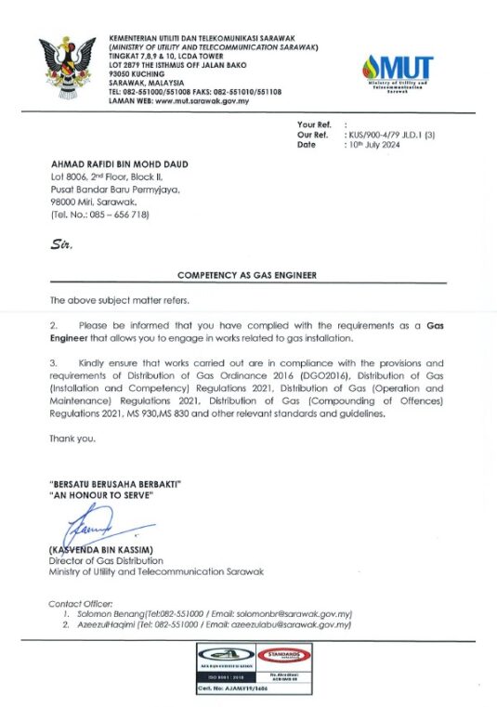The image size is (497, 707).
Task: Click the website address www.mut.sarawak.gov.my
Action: tap(203, 101)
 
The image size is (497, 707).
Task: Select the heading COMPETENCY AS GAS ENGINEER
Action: tap(247, 276)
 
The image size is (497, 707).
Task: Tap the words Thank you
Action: tap(72, 439)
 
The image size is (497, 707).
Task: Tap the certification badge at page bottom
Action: tap(247, 667)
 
